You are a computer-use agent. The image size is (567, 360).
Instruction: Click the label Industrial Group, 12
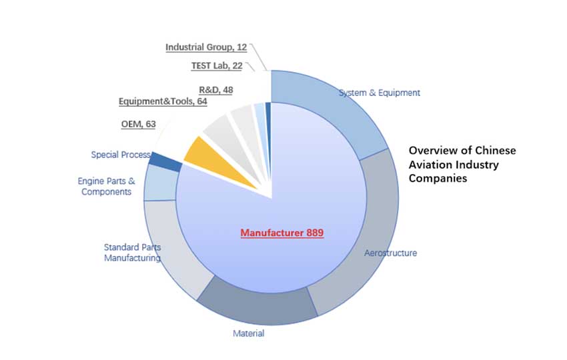[x=207, y=47]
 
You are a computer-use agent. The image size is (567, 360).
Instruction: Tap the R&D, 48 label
[x=215, y=89]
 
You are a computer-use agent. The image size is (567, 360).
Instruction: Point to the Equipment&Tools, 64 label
[x=163, y=101]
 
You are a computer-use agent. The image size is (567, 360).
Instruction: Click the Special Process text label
[x=120, y=155]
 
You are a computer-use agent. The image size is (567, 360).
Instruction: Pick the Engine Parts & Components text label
[x=106, y=186]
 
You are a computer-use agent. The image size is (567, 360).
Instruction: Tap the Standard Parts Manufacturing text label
[x=132, y=253]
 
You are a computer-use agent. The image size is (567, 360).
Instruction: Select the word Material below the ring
[x=248, y=333]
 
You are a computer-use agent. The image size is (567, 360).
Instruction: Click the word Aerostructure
[x=391, y=253]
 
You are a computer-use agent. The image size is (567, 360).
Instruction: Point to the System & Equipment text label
[x=379, y=93]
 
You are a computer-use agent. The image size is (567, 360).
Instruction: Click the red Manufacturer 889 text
[x=281, y=233]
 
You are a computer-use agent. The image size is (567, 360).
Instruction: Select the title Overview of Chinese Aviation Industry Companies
[x=462, y=164]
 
